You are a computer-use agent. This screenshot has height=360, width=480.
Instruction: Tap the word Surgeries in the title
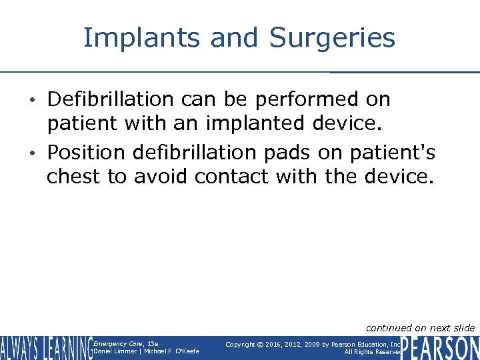pyautogui.click(x=332, y=38)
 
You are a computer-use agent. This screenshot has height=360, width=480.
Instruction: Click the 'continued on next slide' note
pyautogui.click(x=420, y=327)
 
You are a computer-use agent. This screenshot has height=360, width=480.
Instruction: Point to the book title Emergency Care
pyautogui.click(x=116, y=343)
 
